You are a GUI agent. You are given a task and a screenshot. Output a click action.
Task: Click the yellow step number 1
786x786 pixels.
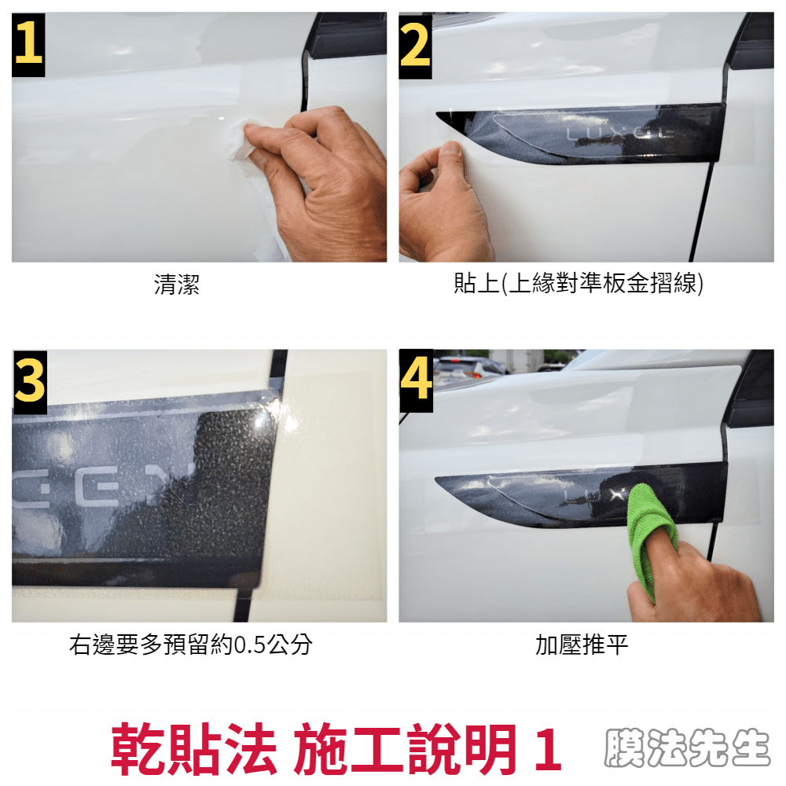pos(28,45)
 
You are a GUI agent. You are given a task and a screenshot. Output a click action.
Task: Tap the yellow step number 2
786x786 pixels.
pos(415,46)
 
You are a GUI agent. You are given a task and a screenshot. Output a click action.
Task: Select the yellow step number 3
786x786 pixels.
pos(30,382)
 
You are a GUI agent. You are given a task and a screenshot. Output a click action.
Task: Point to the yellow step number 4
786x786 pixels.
pos(416,380)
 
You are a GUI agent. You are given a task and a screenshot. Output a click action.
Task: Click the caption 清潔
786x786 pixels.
pos(176,285)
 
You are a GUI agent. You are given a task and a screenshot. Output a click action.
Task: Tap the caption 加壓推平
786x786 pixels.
pos(582,645)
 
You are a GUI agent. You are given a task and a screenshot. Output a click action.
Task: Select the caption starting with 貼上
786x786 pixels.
pos(578,283)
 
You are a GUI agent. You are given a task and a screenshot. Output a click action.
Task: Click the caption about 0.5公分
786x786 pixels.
pos(191,645)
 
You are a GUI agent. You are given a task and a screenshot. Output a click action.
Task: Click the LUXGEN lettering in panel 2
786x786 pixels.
pos(621,134)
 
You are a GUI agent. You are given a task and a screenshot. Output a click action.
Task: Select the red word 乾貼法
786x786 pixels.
pos(193,749)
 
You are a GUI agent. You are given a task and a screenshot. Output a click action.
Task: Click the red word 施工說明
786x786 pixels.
pos(405,749)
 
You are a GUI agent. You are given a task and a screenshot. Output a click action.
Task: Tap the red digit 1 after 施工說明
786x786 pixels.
pos(549,749)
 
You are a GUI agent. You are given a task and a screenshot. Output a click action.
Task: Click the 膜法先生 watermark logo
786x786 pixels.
pos(687,748)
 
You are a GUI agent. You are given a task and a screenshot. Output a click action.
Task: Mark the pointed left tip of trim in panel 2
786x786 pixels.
pos(436,115)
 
